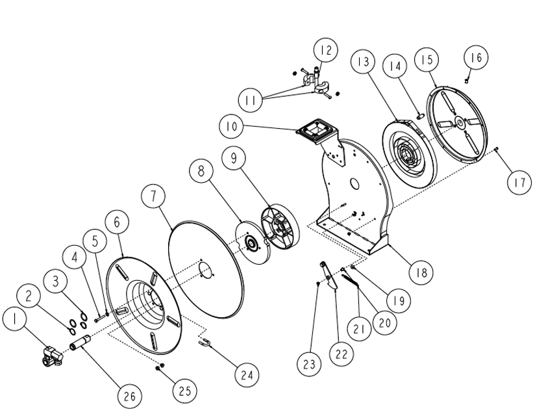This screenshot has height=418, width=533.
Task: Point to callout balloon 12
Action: pos(326,50)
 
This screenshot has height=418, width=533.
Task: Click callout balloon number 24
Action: pos(246,374)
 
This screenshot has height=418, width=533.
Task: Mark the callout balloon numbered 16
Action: pos(476,57)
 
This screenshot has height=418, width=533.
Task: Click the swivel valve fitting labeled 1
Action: pos(51,354)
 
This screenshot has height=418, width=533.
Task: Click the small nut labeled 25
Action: pos(159,368)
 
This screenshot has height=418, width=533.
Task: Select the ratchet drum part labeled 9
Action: pos(279,228)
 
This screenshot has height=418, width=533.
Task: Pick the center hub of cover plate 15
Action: pos(460,121)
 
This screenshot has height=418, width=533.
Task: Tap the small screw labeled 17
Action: pos(496,149)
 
